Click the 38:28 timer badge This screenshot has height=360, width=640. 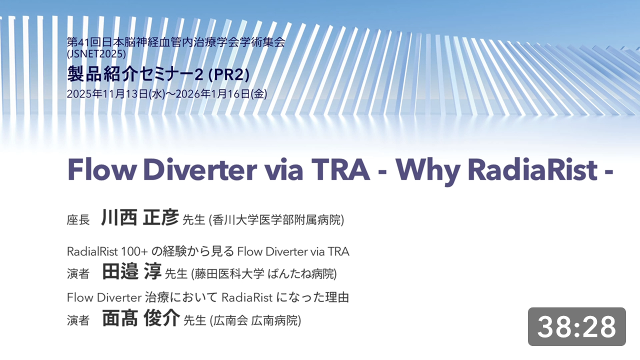click(x=576, y=326)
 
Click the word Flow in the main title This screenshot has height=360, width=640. click(x=101, y=169)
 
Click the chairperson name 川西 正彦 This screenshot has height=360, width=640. click(x=140, y=217)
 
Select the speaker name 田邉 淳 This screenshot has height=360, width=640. click(x=132, y=271)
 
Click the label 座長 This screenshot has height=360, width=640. click(x=78, y=220)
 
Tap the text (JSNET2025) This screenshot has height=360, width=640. click(x=96, y=54)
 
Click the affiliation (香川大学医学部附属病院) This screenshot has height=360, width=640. click(x=276, y=220)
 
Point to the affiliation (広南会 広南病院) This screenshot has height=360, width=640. click(x=255, y=320)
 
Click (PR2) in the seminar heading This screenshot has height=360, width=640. click(x=229, y=75)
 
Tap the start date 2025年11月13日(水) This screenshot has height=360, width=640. click(x=116, y=93)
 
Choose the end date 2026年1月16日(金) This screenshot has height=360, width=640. click(x=221, y=93)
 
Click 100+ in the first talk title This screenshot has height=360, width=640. click(x=134, y=251)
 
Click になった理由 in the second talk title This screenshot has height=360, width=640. click(x=312, y=297)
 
